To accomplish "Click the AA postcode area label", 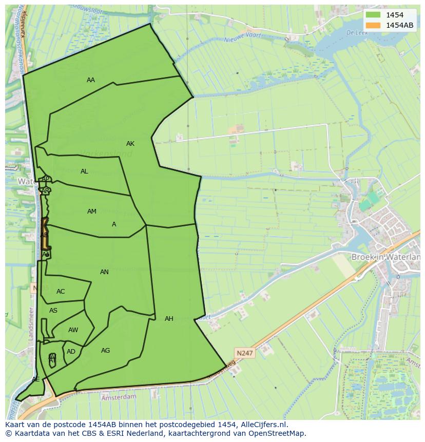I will (x=91, y=80).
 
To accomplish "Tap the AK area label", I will (x=130, y=144).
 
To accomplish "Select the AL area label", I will (x=84, y=171).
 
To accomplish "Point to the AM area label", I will (x=92, y=212).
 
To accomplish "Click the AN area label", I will (x=104, y=272).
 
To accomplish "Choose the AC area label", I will (x=61, y=292).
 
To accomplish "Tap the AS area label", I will (x=53, y=311).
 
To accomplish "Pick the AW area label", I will (x=73, y=330).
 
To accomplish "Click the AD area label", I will (x=71, y=352).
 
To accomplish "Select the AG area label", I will (x=105, y=351).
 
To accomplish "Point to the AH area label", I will (x=169, y=319).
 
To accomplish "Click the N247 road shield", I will (x=245, y=353).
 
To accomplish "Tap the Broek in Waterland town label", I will (x=384, y=257).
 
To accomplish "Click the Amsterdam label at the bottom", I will (x=119, y=397).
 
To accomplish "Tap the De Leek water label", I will (x=355, y=32).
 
